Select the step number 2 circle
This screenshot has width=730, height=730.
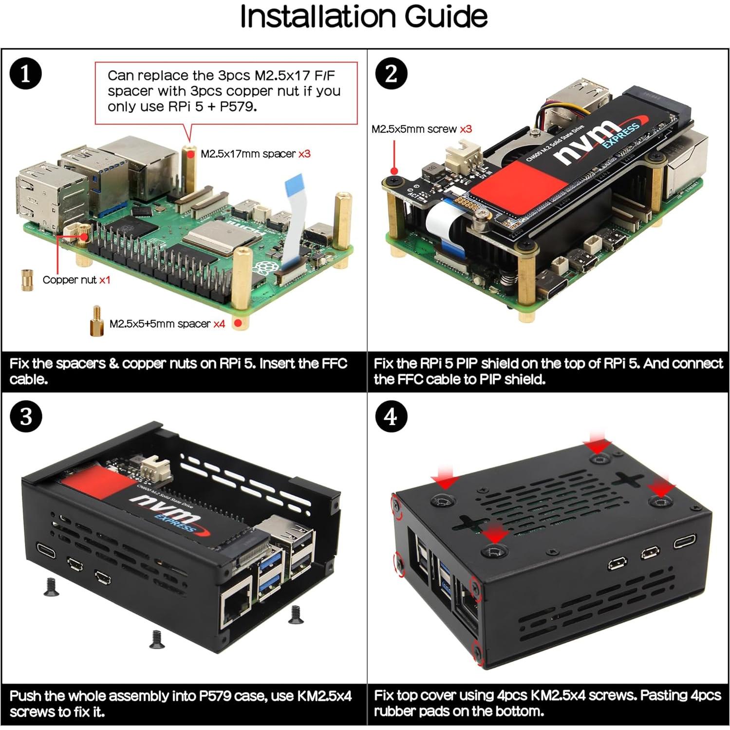(391, 74)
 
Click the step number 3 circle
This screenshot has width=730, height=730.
(26, 417)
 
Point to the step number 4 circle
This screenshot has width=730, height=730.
(391, 417)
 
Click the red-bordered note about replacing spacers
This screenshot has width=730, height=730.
(225, 92)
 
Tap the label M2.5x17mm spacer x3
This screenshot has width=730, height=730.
(255, 154)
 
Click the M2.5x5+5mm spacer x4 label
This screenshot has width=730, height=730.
(167, 324)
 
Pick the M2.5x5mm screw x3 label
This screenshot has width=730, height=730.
(421, 129)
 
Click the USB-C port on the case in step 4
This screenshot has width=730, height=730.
(685, 542)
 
